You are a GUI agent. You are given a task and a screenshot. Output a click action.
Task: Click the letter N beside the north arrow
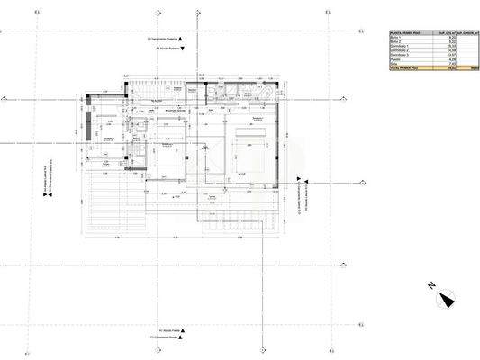coord(431,287)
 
